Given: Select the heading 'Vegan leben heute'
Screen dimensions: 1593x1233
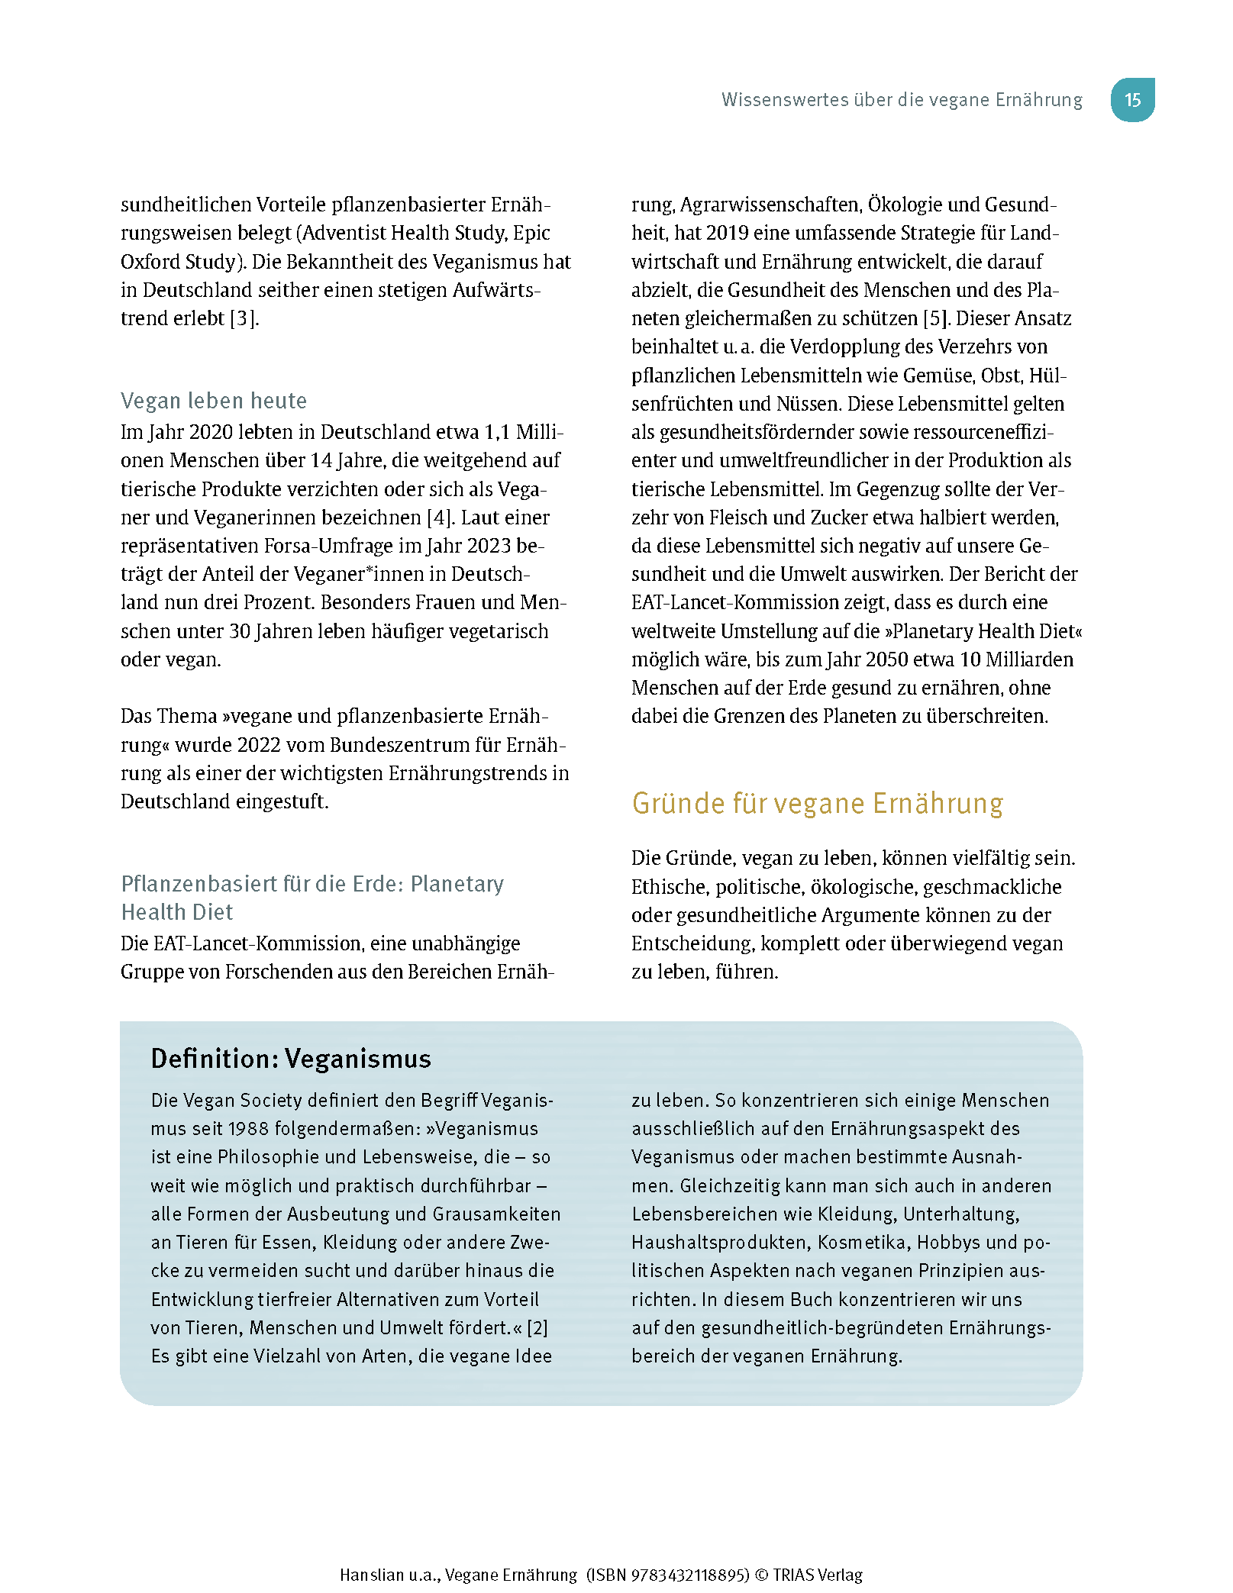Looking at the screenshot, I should click(214, 401).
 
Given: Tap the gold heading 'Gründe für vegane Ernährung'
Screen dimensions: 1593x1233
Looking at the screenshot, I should click(817, 804).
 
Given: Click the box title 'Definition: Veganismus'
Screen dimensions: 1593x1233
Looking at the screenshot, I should click(291, 1059).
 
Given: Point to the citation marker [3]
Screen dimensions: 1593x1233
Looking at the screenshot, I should click(244, 318).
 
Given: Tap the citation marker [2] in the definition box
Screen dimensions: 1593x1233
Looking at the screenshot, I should click(537, 1328).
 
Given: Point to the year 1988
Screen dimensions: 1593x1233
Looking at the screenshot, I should click(248, 1129).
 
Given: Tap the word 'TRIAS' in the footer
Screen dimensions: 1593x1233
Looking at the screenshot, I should click(796, 1575).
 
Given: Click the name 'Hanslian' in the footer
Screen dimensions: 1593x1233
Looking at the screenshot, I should click(372, 1575).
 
